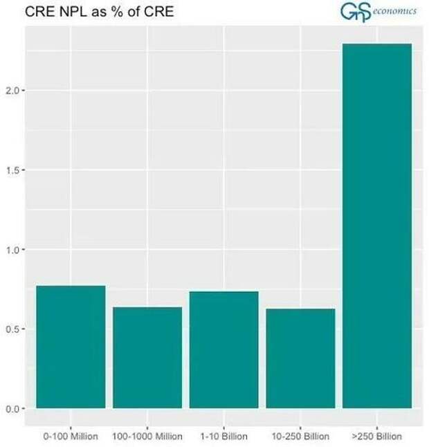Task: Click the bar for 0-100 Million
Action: click(71, 347)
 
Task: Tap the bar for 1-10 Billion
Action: click(223, 349)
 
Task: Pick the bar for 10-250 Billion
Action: click(300, 358)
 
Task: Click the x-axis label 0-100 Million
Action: click(71, 437)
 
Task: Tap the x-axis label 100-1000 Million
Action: click(147, 437)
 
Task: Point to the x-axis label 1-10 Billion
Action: click(223, 437)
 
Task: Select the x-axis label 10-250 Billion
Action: click(300, 437)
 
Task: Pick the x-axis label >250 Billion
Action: click(377, 437)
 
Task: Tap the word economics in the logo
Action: click(396, 11)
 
